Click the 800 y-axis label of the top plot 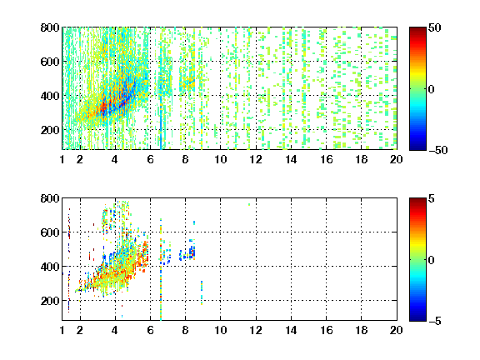pos(50,27)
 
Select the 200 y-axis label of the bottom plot pos(50,301)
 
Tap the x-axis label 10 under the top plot pos(220,159)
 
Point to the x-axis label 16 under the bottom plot pos(327,330)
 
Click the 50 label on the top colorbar pos(434,27)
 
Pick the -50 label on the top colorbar pos(437,150)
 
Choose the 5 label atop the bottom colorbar pos(432,198)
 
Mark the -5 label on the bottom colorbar pos(435,321)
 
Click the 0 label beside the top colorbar pos(432,89)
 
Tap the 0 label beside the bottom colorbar pos(432,260)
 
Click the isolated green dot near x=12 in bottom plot pos(249,204)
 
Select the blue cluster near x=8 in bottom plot pos(187,252)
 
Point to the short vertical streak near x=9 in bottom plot pos(202,293)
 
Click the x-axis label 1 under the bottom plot pos(62,330)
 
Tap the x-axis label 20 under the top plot pos(396,159)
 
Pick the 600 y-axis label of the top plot pos(50,62)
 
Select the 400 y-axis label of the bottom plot pos(50,267)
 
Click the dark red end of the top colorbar pos(417,29)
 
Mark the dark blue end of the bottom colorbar pos(417,318)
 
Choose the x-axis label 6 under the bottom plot pos(150,330)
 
